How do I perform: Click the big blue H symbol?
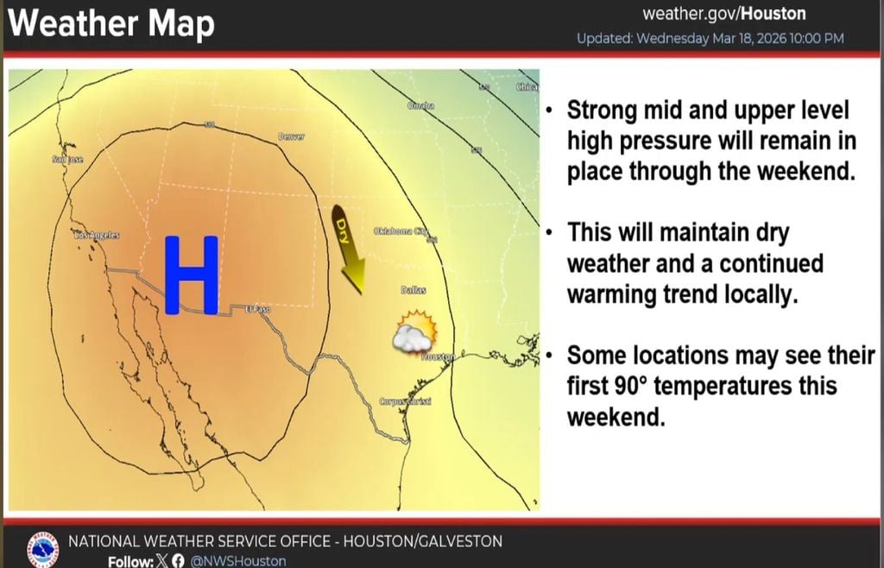191,274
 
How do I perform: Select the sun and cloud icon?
414,332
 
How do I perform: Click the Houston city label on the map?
438,357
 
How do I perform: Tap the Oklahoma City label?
401,231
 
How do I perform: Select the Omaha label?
420,105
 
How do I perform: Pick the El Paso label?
257,309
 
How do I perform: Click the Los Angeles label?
97,235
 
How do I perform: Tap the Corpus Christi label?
405,402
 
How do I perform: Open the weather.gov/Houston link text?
724,14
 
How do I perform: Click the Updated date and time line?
710,39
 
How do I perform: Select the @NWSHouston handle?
237,561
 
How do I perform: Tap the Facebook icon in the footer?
179,561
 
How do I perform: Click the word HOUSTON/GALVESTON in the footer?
423,541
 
